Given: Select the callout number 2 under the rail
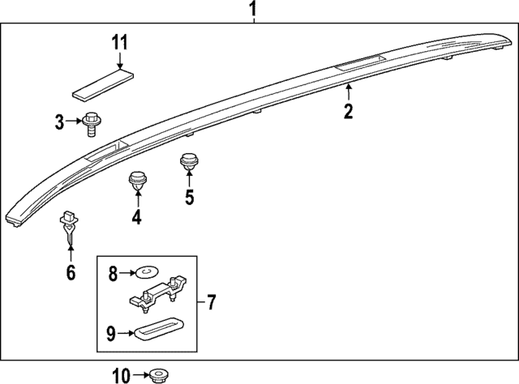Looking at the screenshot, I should click(x=348, y=112).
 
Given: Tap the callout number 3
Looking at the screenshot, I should click(x=59, y=122).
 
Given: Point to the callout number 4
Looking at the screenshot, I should click(x=136, y=216).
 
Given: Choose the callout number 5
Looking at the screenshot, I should click(x=189, y=197).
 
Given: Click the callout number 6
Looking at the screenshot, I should click(x=71, y=272).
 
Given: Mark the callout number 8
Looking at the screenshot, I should click(x=113, y=274).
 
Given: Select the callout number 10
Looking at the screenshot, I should click(x=120, y=374).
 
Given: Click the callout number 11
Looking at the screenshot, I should click(x=119, y=43).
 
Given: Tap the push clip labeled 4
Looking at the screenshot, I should click(x=136, y=181).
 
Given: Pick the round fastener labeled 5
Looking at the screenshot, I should click(x=189, y=163).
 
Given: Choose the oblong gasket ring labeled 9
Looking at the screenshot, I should click(x=158, y=331).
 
